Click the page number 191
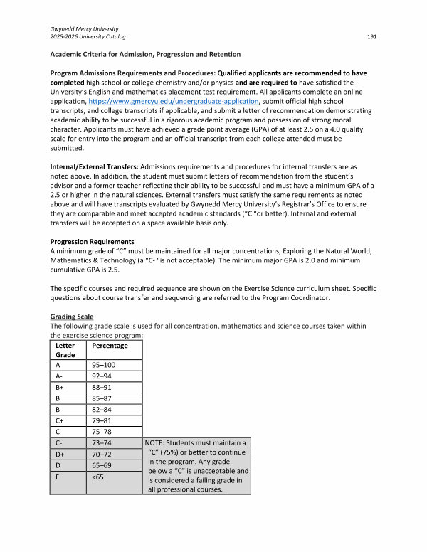pos(371,36)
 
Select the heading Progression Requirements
pos(92,242)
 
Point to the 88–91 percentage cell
pos(104,391)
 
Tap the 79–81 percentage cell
pos(104,429)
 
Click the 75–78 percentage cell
pos(104,442)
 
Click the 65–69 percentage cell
pos(104,481)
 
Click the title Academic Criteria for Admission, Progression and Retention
pos(145,54)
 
